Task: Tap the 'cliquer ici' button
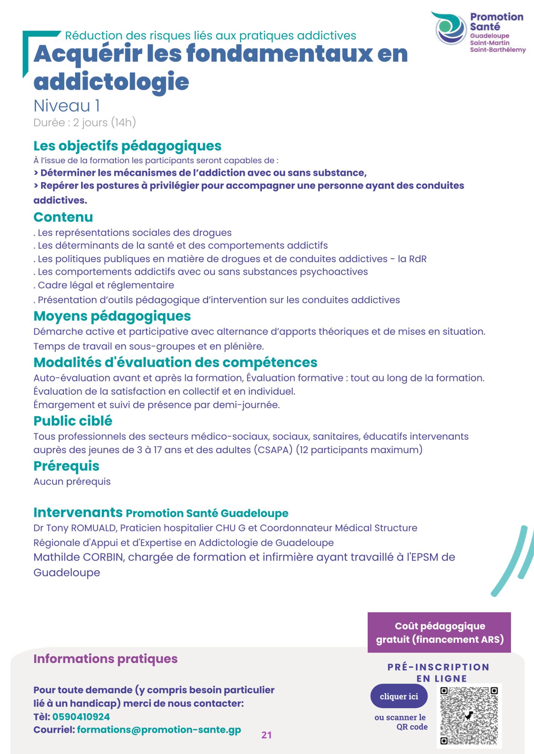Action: [x=399, y=696]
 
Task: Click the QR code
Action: [x=469, y=716]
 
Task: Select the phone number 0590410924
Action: [x=81, y=717]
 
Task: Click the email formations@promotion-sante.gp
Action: [x=159, y=730]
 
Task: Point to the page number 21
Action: [x=267, y=735]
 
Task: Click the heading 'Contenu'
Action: [x=63, y=217]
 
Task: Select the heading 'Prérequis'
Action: [x=66, y=466]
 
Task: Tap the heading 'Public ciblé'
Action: [x=73, y=421]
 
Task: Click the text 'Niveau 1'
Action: [x=67, y=106]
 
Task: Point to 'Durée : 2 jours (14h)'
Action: [x=84, y=123]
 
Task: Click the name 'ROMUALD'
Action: [x=94, y=528]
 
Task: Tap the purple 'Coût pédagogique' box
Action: [x=439, y=632]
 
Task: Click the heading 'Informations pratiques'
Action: [x=105, y=659]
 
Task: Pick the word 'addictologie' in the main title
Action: [x=111, y=82]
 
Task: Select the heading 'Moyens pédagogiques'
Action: [x=112, y=316]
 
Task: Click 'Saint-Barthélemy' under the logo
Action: [x=497, y=50]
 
